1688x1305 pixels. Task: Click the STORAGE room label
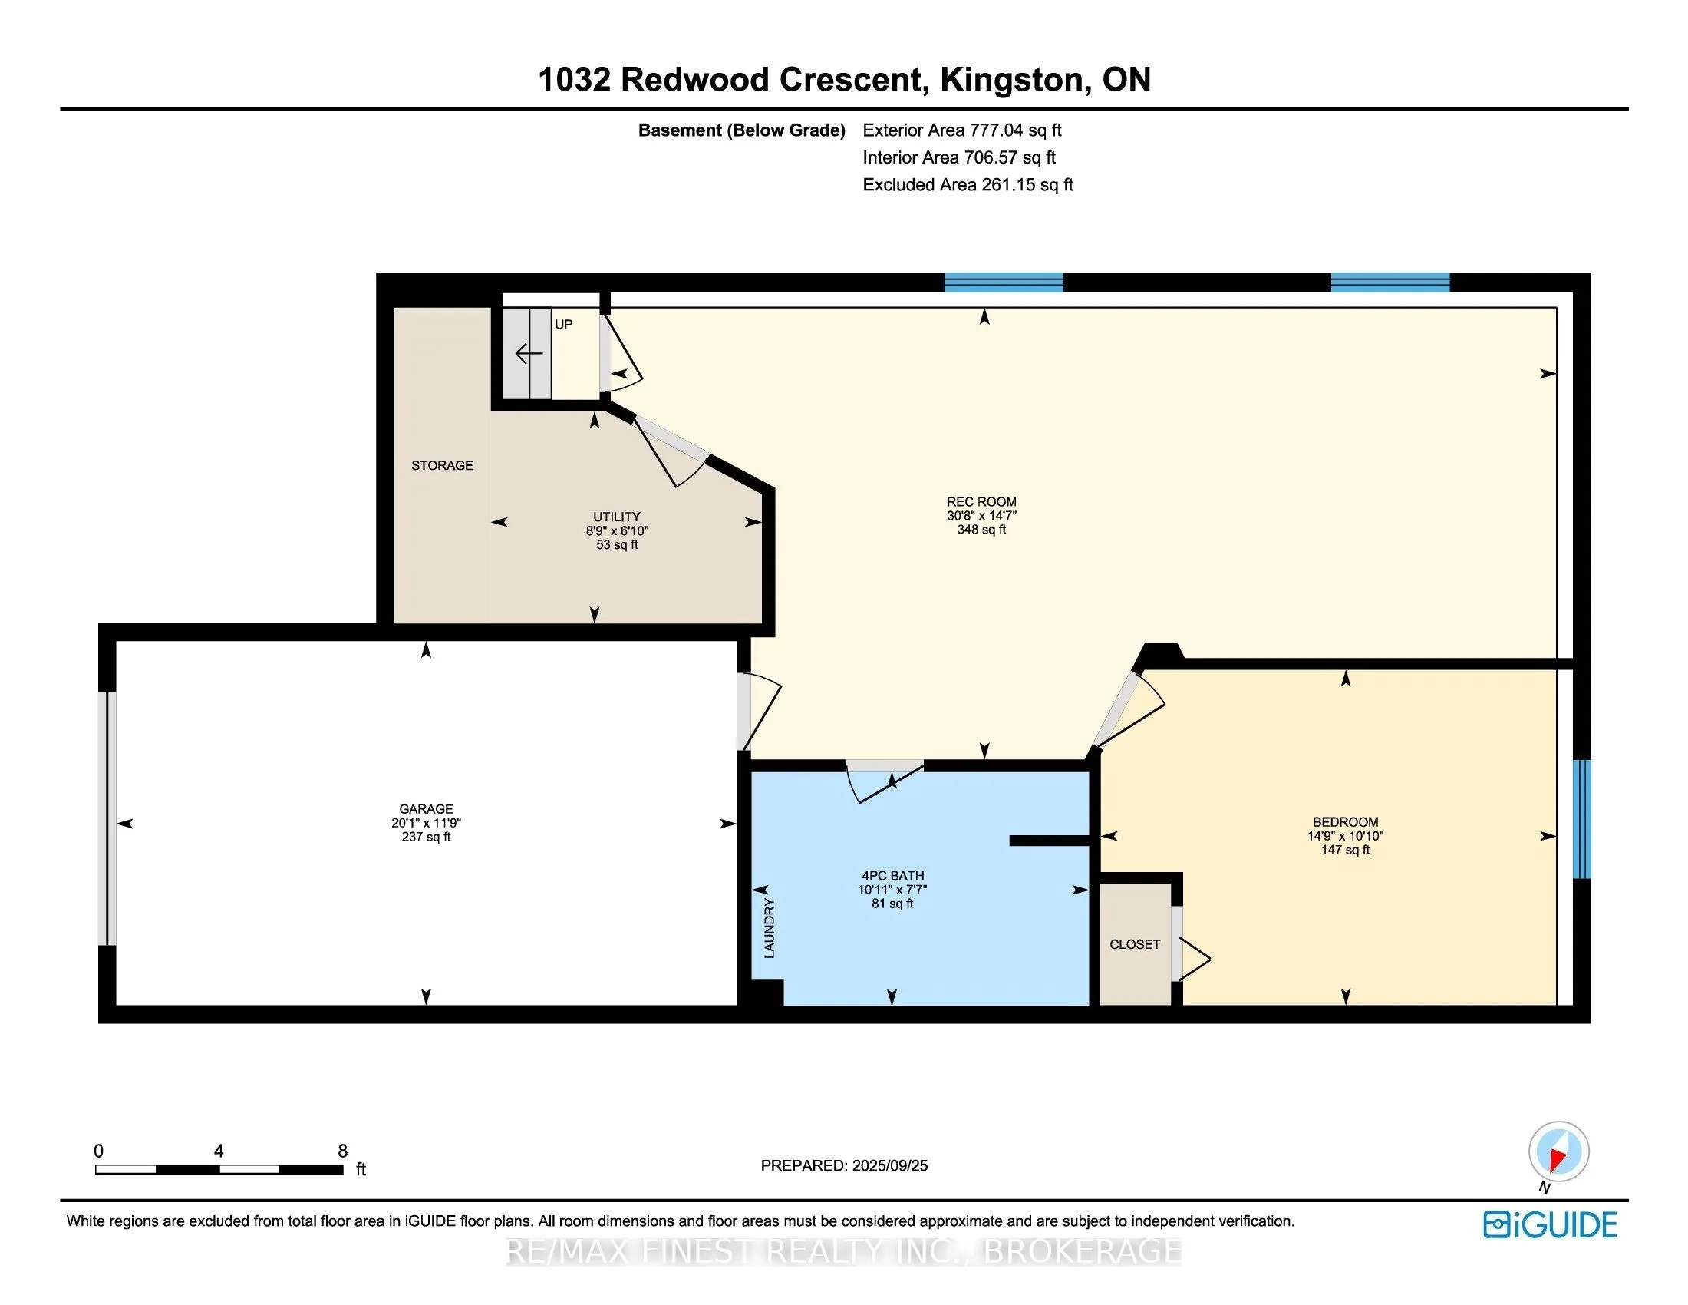click(441, 465)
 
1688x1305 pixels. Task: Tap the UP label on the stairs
click(563, 325)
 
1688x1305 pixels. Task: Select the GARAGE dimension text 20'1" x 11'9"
click(426, 824)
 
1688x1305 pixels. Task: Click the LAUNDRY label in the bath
click(769, 929)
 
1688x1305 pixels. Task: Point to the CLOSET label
click(1134, 944)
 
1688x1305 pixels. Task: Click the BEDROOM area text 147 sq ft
click(1345, 850)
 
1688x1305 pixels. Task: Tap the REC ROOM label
click(981, 502)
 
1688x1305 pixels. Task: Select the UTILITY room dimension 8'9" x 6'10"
click(616, 531)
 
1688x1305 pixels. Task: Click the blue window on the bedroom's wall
click(1581, 820)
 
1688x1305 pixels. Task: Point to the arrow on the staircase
click(529, 354)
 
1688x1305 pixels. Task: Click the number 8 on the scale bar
click(342, 1151)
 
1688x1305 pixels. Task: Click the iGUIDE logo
click(1549, 1225)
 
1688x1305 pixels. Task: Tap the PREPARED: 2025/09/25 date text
click(844, 1166)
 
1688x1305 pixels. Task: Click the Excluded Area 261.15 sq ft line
click(968, 185)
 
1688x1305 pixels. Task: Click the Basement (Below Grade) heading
click(741, 130)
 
